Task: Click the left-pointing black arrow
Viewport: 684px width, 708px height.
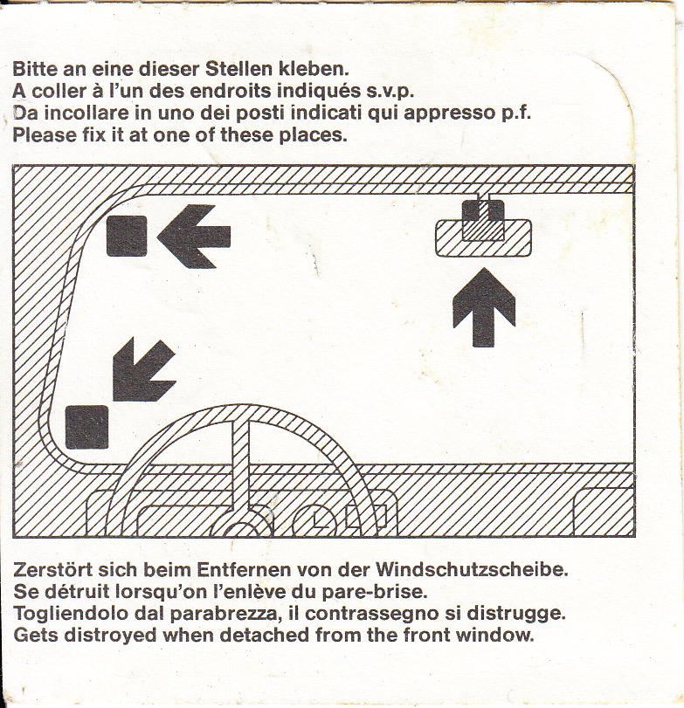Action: click(194, 237)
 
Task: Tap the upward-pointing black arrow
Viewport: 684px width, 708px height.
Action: click(484, 307)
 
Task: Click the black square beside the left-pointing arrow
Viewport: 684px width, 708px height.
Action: click(127, 236)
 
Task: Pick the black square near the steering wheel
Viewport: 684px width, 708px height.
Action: click(86, 427)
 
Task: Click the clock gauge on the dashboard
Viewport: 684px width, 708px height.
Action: click(315, 521)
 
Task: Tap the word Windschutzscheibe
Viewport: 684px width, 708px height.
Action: click(472, 569)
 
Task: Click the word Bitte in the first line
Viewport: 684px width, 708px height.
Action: click(36, 69)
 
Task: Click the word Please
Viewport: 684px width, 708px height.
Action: click(45, 135)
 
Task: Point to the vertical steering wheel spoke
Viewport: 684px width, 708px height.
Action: click(241, 465)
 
